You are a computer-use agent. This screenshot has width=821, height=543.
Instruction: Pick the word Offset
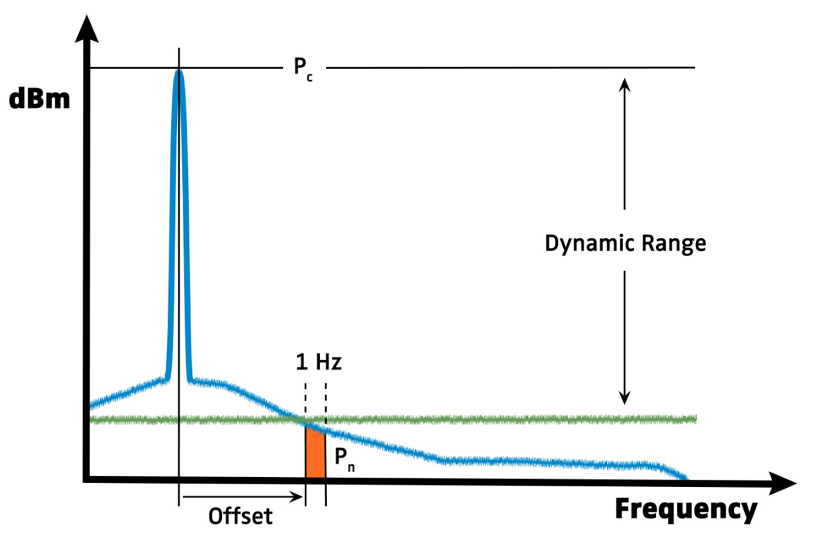coord(240,517)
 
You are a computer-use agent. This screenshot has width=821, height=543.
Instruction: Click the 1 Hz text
coord(318,362)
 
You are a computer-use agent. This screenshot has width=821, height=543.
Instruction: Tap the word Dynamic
coord(584,244)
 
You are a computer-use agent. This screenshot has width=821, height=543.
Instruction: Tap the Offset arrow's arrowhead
coord(300,498)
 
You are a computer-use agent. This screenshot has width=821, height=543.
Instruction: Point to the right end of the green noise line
coord(695,418)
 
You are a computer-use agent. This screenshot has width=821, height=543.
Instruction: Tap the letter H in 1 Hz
coord(324,362)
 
